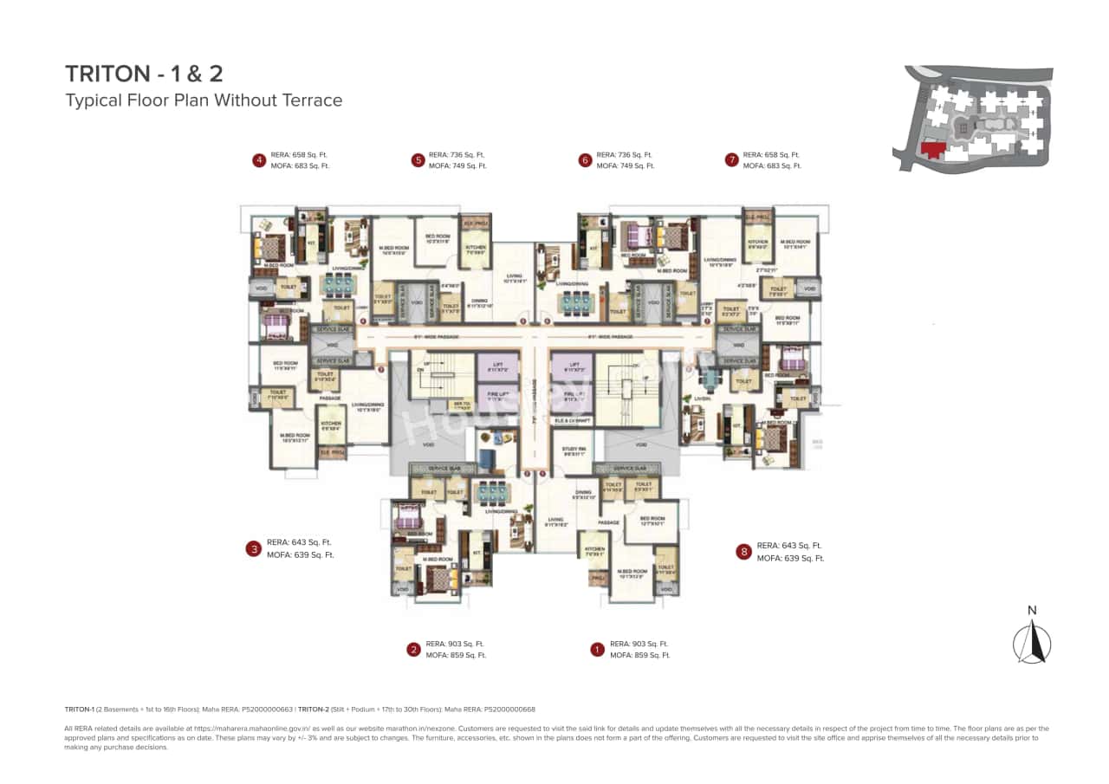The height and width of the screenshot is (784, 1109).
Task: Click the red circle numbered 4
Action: pyautogui.click(x=258, y=159)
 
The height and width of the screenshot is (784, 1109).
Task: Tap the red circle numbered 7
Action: pyautogui.click(x=732, y=159)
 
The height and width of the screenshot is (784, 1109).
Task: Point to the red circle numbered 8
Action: pyautogui.click(x=743, y=552)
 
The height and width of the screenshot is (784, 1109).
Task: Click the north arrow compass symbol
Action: pyautogui.click(x=1032, y=641)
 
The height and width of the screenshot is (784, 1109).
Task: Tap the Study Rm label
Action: pyautogui.click(x=574, y=450)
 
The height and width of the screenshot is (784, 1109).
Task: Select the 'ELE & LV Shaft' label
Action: pyautogui.click(x=572, y=421)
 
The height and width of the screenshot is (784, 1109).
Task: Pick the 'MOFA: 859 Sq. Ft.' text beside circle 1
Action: pyautogui.click(x=639, y=656)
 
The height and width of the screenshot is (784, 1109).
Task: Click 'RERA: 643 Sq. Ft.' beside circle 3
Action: pyautogui.click(x=300, y=542)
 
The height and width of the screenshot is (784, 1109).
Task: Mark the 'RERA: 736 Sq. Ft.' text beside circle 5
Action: pyautogui.click(x=457, y=154)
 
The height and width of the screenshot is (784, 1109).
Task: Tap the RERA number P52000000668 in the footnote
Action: pyautogui.click(x=509, y=709)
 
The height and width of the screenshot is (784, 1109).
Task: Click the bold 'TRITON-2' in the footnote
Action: pyautogui.click(x=314, y=709)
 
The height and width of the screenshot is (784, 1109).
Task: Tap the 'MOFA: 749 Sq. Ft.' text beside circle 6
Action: pyautogui.click(x=626, y=165)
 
